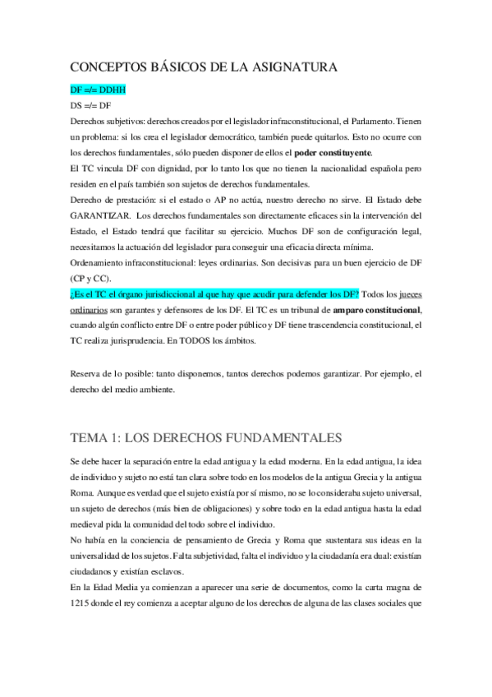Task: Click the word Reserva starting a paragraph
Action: (88, 373)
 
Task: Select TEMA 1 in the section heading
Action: (99, 436)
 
